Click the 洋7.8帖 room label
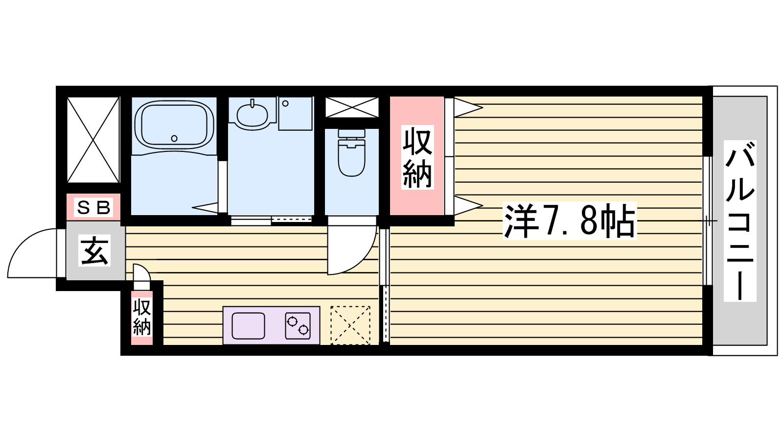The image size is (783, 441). tap(570, 221)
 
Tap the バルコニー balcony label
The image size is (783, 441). tap(739, 221)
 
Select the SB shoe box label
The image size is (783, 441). tap(93, 208)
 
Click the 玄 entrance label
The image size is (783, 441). tap(94, 250)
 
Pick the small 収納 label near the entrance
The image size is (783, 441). tap(142, 317)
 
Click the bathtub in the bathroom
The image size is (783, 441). tap(174, 124)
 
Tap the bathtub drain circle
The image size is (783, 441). tap(174, 138)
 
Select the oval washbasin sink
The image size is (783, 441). tap(252, 114)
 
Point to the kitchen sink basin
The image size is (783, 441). tap(248, 326)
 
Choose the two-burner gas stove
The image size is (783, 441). tap(298, 326)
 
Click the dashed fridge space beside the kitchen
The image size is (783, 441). tap(350, 325)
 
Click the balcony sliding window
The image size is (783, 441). tap(707, 221)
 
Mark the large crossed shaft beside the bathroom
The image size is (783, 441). tap(93, 140)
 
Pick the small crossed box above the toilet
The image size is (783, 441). tap(352, 107)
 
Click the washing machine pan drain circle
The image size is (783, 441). tap(285, 103)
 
